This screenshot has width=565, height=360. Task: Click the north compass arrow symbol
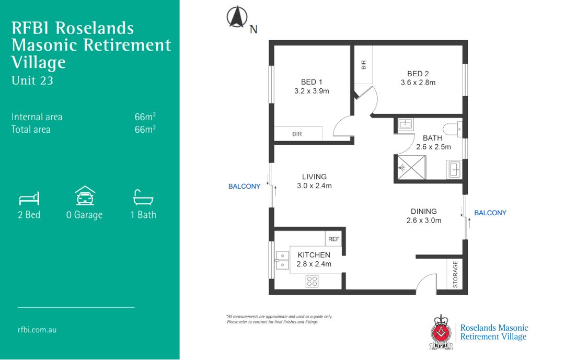[237, 17]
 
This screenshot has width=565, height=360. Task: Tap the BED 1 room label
[312, 82]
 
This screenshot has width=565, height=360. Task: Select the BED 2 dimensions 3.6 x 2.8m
[418, 83]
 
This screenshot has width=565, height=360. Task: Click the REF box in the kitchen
[333, 239]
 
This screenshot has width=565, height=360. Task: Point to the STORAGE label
[455, 274]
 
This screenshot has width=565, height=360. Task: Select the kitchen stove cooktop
[312, 281]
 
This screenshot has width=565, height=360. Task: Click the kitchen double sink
[282, 260]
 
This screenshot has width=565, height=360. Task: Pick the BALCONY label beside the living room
[244, 187]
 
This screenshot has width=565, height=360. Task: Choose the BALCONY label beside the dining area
[490, 213]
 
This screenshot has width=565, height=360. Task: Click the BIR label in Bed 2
[364, 65]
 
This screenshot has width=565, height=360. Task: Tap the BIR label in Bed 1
[297, 134]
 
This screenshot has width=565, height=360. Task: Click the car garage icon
[84, 196]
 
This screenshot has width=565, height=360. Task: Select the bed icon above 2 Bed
[29, 199]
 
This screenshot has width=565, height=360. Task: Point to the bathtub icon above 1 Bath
[143, 197]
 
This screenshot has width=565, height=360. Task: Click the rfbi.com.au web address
[37, 330]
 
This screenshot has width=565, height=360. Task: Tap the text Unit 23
[32, 80]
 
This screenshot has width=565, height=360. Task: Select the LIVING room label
[314, 177]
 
